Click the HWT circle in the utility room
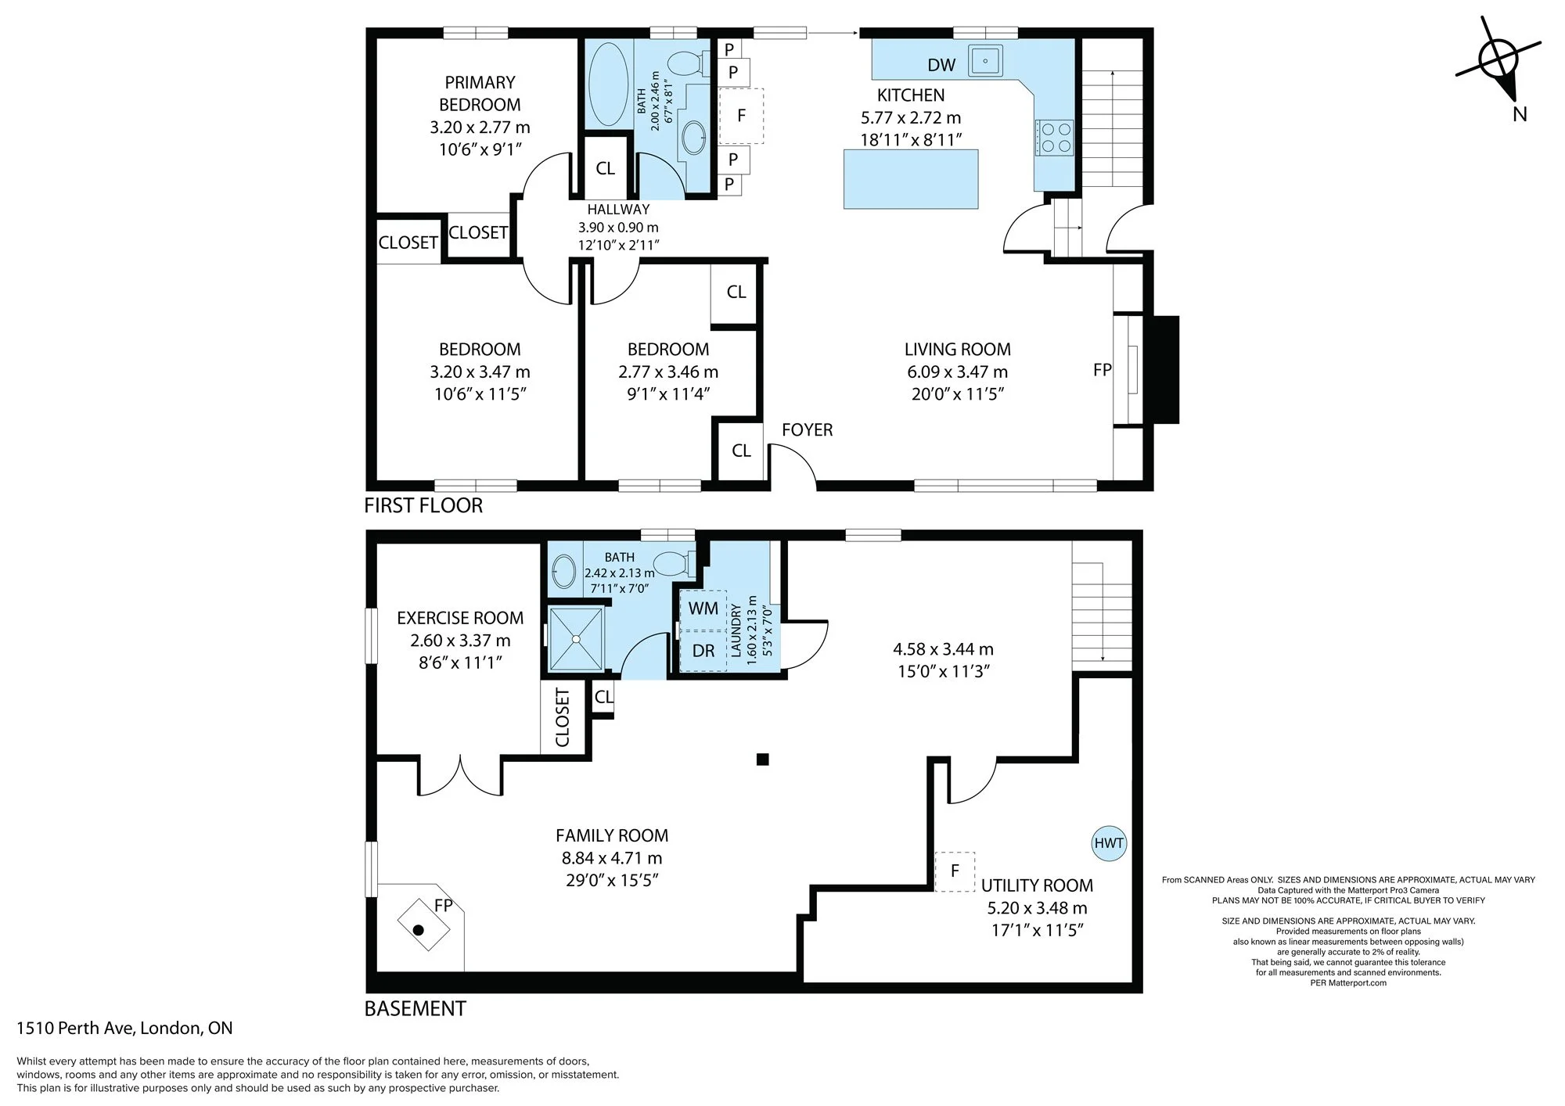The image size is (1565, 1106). click(x=1109, y=843)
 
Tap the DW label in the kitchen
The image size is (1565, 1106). click(x=941, y=66)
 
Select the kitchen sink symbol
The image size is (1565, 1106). click(x=986, y=60)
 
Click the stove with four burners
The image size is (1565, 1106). click(x=1054, y=138)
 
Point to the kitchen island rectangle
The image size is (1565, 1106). click(x=911, y=179)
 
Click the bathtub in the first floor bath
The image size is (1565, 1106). click(x=608, y=84)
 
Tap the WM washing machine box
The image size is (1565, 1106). click(x=703, y=609)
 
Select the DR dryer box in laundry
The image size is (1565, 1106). click(x=703, y=651)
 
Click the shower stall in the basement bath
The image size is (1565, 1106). click(x=577, y=639)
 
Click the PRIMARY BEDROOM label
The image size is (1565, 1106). click(x=480, y=93)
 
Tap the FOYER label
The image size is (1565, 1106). click(x=807, y=429)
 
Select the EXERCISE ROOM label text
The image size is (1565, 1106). click(x=460, y=618)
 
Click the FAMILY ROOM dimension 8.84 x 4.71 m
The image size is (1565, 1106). click(x=612, y=858)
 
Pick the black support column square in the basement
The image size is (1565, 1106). click(x=763, y=759)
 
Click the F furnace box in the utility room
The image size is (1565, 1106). click(x=955, y=871)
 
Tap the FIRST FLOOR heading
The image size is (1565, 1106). click(x=423, y=505)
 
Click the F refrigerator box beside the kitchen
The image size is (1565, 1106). click(x=741, y=116)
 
